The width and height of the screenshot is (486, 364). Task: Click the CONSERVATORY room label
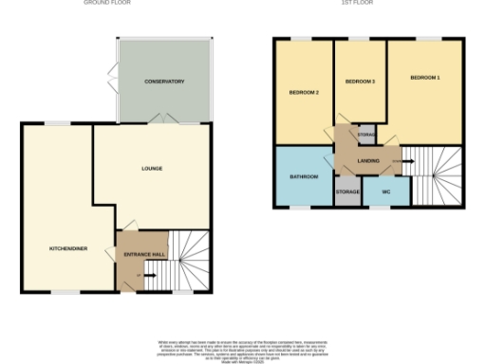click(164, 82)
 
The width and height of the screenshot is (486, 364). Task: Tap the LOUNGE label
click(152, 169)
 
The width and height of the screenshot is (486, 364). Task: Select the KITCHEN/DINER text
click(68, 248)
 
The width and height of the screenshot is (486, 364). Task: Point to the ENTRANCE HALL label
click(141, 254)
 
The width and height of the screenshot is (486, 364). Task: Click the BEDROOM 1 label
click(425, 76)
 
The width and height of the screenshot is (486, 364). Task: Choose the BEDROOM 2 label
click(304, 92)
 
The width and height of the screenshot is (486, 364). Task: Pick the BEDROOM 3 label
click(360, 82)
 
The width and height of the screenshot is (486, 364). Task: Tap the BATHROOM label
click(304, 176)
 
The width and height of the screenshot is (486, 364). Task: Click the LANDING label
click(368, 160)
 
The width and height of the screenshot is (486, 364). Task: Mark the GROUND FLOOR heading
click(107, 4)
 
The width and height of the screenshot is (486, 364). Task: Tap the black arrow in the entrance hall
click(148, 276)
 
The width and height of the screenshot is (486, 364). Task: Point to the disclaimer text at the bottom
click(243, 347)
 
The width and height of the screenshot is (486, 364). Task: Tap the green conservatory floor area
click(164, 104)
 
